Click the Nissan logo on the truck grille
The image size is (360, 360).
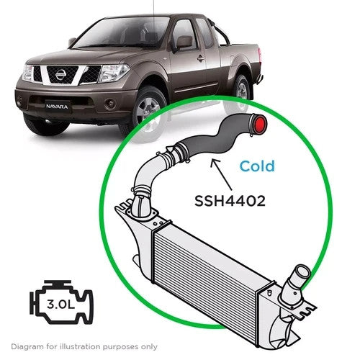(x=60, y=74)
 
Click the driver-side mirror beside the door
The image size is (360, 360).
(x=184, y=42)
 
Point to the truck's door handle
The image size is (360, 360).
(x=201, y=58)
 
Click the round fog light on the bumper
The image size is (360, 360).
(x=110, y=103)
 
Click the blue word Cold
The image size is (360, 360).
(x=257, y=166)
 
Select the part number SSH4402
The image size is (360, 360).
(x=230, y=201)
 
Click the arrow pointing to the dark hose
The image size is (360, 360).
(x=221, y=174)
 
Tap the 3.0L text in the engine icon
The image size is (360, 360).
(x=61, y=305)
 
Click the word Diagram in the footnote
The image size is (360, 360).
(x=27, y=347)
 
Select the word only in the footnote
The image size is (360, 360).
(x=149, y=347)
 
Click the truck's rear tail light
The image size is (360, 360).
(x=259, y=53)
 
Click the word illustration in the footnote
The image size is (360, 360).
(x=80, y=346)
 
